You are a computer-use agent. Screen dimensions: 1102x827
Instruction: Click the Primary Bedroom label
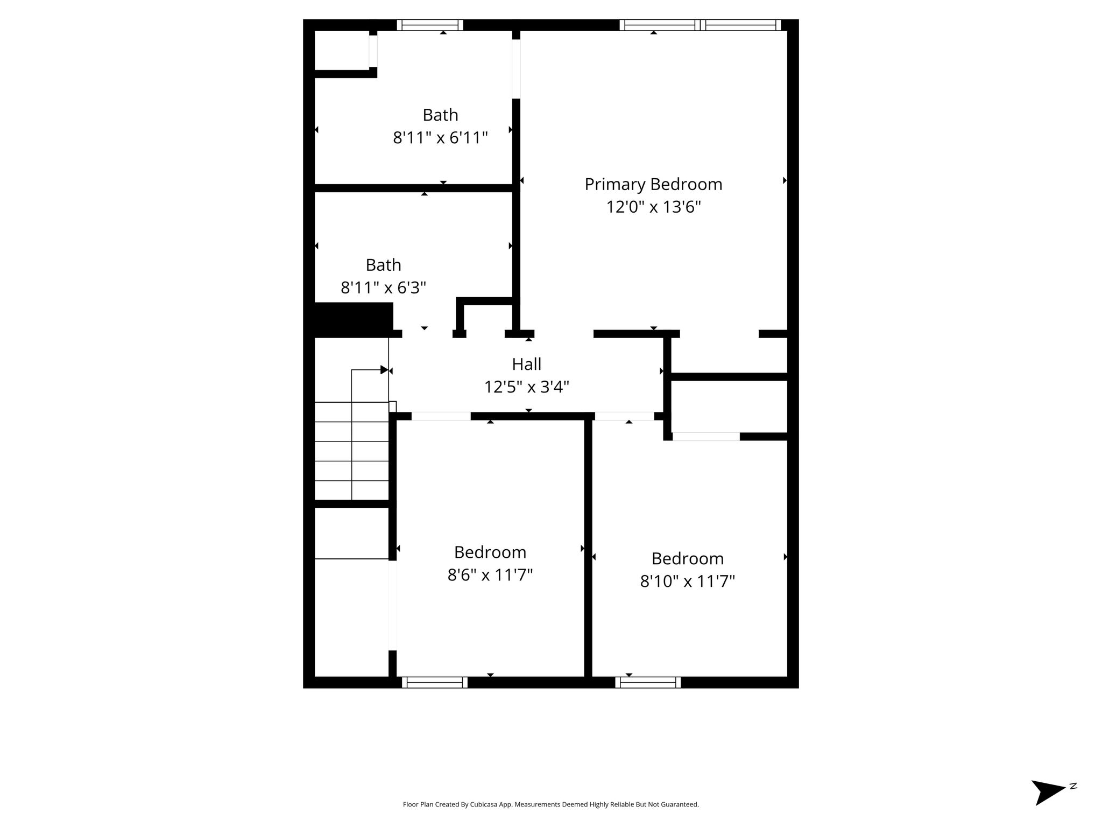653,185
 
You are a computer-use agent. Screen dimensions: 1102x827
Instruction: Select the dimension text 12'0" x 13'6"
653,207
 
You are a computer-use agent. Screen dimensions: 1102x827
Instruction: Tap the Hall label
526,365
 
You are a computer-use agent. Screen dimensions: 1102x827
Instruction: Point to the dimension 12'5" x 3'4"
526,387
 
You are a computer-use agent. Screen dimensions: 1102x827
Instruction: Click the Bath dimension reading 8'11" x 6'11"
440,138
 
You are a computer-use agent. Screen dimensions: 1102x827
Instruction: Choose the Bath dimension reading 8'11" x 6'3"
383,288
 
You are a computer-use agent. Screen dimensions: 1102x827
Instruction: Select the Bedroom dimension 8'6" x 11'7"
490,576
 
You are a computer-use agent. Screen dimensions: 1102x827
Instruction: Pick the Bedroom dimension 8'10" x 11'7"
687,581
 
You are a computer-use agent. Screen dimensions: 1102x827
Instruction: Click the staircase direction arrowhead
384,370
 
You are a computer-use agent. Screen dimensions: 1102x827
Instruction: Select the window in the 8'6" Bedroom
435,682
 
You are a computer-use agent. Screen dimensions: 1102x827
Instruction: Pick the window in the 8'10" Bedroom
648,682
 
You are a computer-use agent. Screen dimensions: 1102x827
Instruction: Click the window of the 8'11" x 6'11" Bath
430,25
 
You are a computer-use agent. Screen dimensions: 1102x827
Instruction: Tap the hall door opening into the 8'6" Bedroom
441,416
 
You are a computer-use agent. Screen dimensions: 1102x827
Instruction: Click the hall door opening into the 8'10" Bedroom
625,416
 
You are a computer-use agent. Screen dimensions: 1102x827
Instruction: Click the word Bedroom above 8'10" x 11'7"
687,559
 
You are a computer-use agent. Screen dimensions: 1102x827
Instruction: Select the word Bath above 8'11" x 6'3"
383,265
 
